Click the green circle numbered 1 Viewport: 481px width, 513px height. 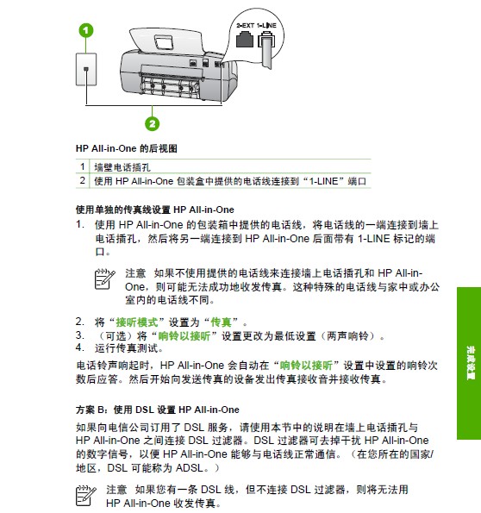point(85,30)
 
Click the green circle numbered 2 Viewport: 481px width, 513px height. point(153,123)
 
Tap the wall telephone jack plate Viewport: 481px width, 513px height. point(86,69)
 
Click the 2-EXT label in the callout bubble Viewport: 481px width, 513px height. point(246,26)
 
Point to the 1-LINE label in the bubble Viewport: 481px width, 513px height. point(266,26)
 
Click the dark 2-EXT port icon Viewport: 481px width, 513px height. point(245,40)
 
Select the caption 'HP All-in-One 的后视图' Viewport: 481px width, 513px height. point(127,148)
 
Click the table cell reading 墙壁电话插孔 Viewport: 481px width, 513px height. point(122,167)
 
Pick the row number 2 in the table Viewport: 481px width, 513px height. point(83,180)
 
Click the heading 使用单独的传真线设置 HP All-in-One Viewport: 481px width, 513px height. point(155,210)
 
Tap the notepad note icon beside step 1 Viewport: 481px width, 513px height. point(104,279)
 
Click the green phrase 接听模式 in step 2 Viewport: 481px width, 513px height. point(137,322)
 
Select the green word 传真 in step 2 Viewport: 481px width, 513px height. point(221,322)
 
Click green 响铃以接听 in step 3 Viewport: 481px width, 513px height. point(184,336)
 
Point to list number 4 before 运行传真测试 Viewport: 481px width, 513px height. point(80,347)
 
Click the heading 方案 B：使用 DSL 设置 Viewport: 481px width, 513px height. point(158,410)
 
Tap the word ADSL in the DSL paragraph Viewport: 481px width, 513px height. point(190,468)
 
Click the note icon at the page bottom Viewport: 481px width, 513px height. point(85,496)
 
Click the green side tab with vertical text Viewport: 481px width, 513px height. point(469,363)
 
